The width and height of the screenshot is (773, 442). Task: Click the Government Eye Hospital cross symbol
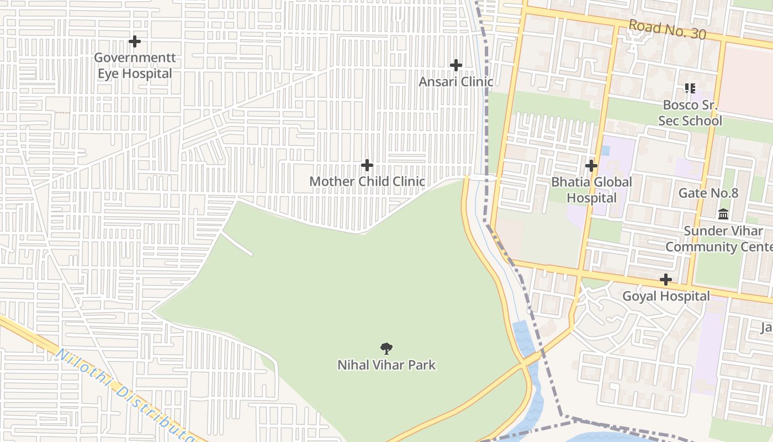click(x=134, y=41)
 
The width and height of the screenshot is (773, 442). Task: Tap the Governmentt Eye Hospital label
click(x=135, y=65)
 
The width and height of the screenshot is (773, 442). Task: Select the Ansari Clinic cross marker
click(x=456, y=65)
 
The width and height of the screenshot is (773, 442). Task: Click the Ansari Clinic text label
click(x=456, y=82)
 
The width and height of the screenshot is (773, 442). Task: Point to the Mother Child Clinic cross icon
click(x=367, y=165)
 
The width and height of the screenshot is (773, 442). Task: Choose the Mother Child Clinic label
click(x=367, y=181)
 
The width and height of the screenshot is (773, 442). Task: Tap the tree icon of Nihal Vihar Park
click(x=386, y=349)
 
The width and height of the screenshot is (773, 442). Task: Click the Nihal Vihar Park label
click(x=386, y=365)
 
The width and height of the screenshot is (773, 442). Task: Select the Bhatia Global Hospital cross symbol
click(x=591, y=166)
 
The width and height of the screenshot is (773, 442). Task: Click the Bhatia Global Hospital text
click(x=591, y=190)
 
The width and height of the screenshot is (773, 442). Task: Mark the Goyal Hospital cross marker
click(x=666, y=280)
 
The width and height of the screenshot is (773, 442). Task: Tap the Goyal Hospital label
click(x=666, y=296)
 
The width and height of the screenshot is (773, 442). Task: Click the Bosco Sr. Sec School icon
click(x=690, y=88)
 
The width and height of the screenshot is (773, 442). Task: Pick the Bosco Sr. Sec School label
click(x=690, y=113)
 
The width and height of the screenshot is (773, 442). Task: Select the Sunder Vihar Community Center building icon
click(x=723, y=214)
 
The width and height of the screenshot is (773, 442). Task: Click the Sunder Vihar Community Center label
click(x=721, y=239)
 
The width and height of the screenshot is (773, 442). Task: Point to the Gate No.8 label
click(x=708, y=193)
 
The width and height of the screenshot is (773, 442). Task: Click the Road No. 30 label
click(x=667, y=29)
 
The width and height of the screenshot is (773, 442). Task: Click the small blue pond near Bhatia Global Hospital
click(x=606, y=150)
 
